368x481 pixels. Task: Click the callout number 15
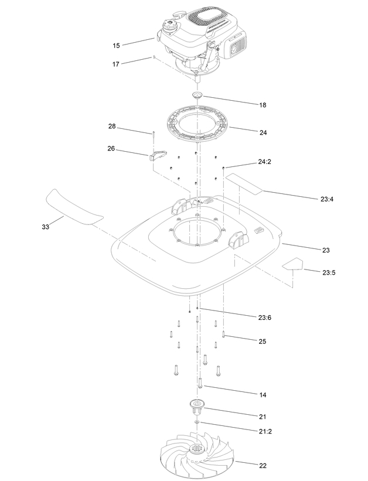(x=116, y=46)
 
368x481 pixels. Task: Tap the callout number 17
(x=115, y=64)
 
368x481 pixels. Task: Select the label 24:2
(x=264, y=162)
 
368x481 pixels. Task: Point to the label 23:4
(x=327, y=199)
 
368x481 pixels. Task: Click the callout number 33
(x=46, y=227)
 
